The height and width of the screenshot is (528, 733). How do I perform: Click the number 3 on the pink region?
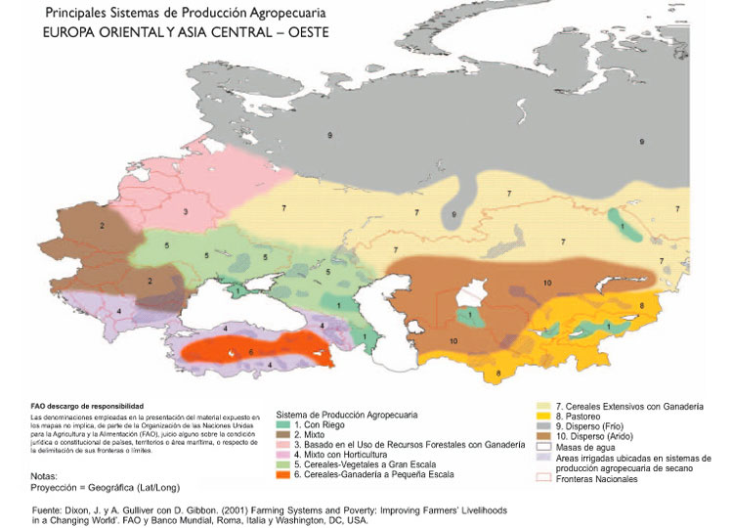click(x=185, y=210)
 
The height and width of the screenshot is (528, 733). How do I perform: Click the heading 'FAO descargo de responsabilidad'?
click(x=87, y=404)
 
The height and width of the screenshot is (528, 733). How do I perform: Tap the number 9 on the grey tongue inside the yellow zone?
click(x=452, y=213)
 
